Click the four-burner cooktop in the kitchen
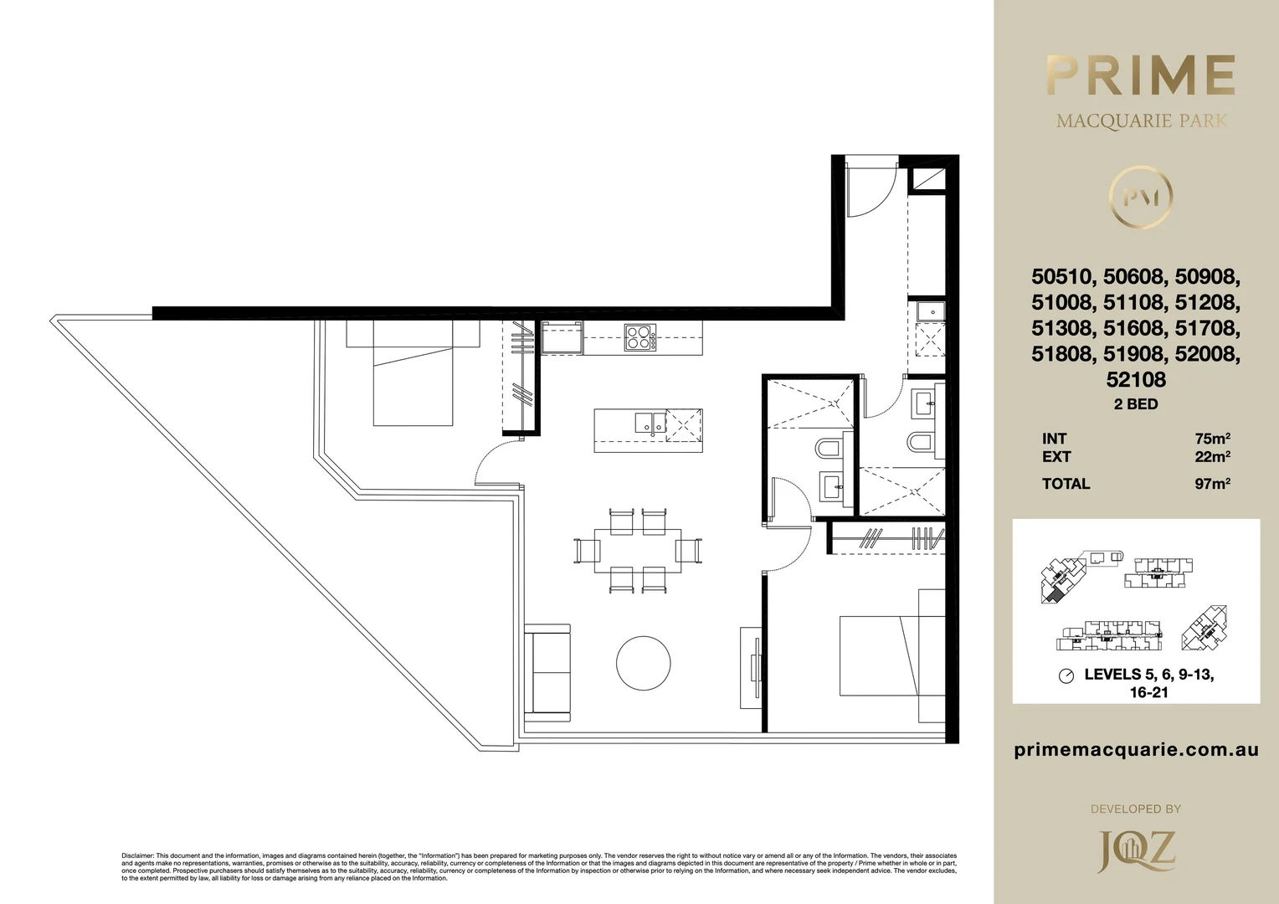click(x=640, y=336)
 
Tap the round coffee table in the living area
click(x=643, y=663)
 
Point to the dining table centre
click(x=637, y=550)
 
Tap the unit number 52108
click(x=1136, y=379)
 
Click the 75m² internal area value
click(x=1212, y=439)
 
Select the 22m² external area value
click(x=1212, y=457)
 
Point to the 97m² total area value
click(x=1212, y=484)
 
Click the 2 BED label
click(x=1136, y=404)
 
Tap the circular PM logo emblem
click(x=1140, y=198)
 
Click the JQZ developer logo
click(x=1136, y=850)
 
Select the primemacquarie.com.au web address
click(x=1136, y=750)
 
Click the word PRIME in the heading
click(x=1140, y=76)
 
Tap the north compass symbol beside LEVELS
click(x=1066, y=676)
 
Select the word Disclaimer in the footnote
click(x=138, y=856)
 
